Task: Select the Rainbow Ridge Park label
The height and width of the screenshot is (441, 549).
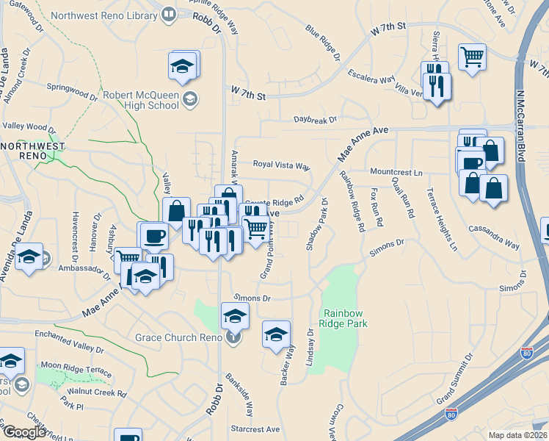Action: point(343,318)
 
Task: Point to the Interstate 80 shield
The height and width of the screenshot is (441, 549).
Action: point(451,415)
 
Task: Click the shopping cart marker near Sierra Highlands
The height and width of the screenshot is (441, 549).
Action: point(473,56)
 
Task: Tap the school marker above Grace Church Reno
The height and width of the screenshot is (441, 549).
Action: point(235,315)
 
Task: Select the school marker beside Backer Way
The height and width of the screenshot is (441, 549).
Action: point(276,334)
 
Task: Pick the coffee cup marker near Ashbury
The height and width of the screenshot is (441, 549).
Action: point(153,235)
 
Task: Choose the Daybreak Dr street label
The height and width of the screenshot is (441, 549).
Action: point(315,119)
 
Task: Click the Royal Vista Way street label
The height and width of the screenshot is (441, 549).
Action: point(282,165)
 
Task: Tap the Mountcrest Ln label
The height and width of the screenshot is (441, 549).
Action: point(396,172)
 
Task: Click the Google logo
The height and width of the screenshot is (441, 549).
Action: point(23,432)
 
